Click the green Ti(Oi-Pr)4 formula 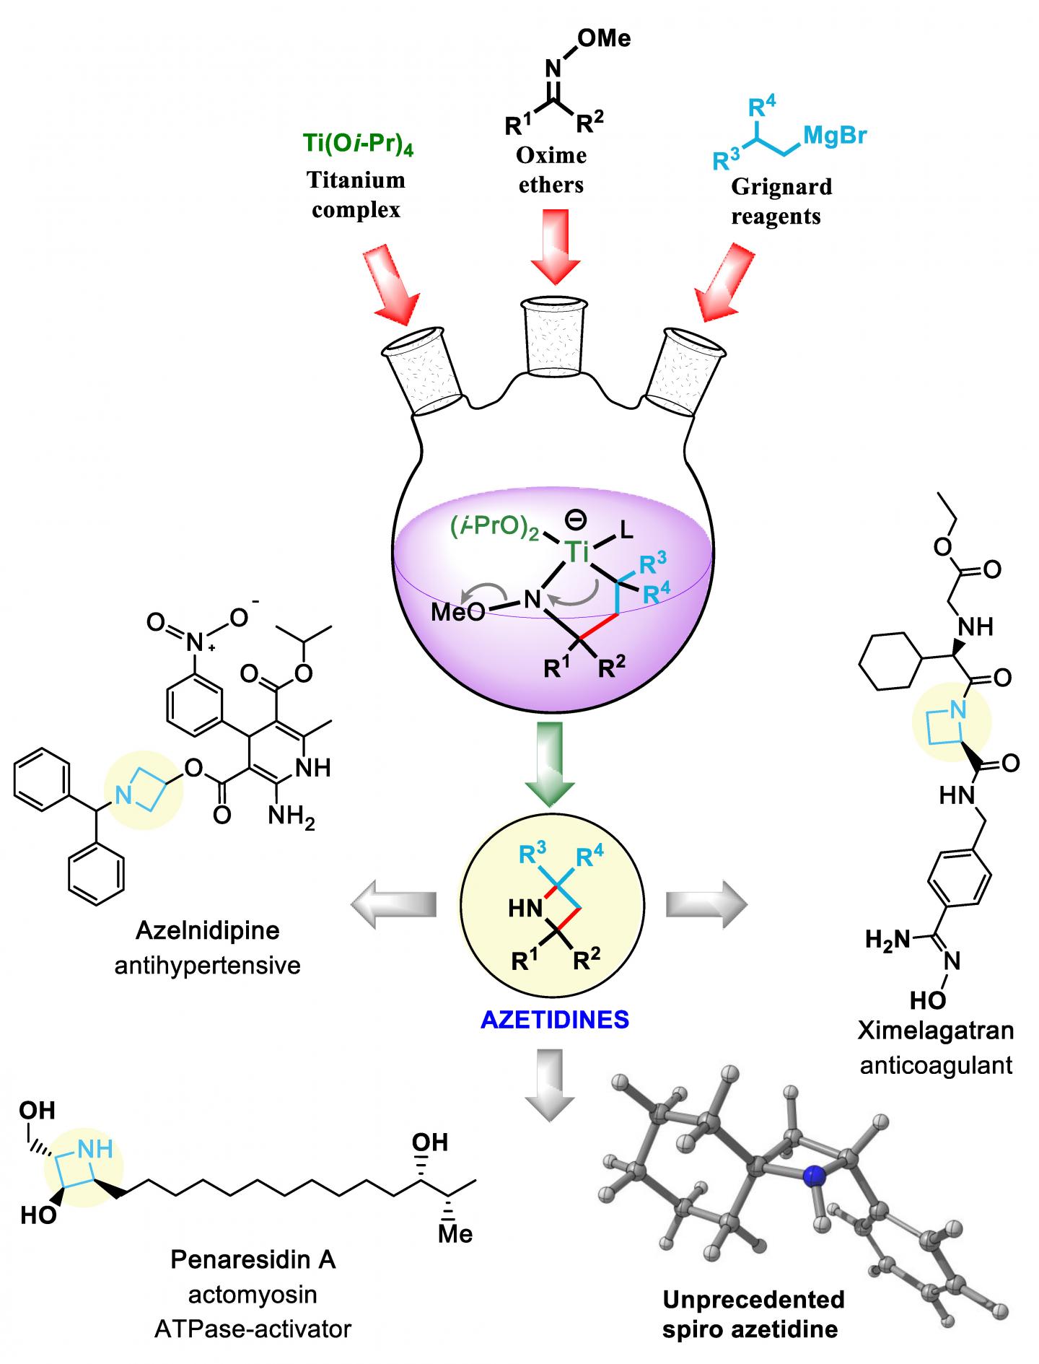click(x=359, y=143)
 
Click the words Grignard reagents click(x=780, y=201)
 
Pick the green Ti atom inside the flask click(x=578, y=552)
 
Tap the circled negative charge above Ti click(x=579, y=519)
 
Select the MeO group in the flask click(x=457, y=613)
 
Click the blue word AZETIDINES click(x=555, y=1020)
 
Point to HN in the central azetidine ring click(x=525, y=909)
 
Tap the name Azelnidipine click(x=207, y=930)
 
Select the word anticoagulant click(x=936, y=1064)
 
